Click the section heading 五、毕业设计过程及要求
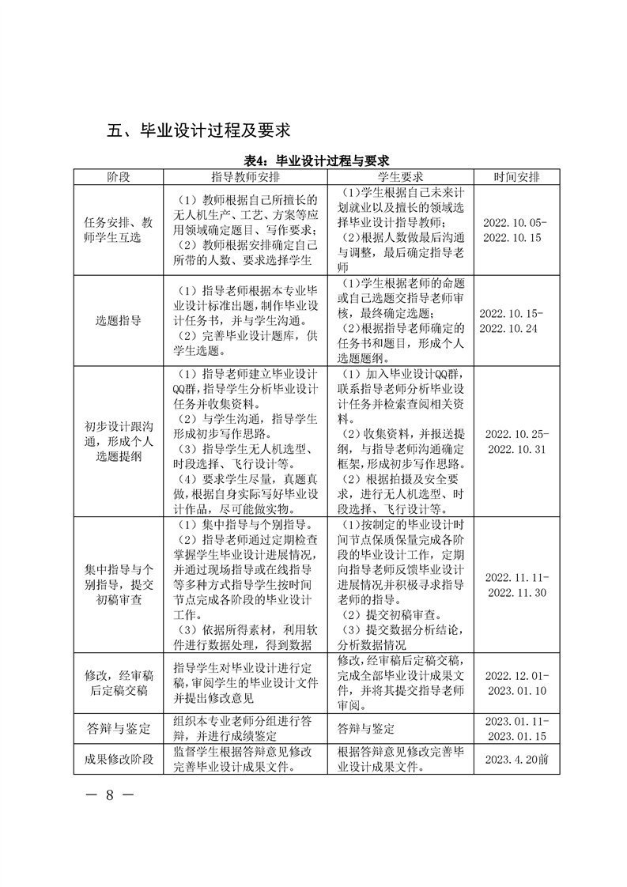pyautogui.click(x=204, y=130)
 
